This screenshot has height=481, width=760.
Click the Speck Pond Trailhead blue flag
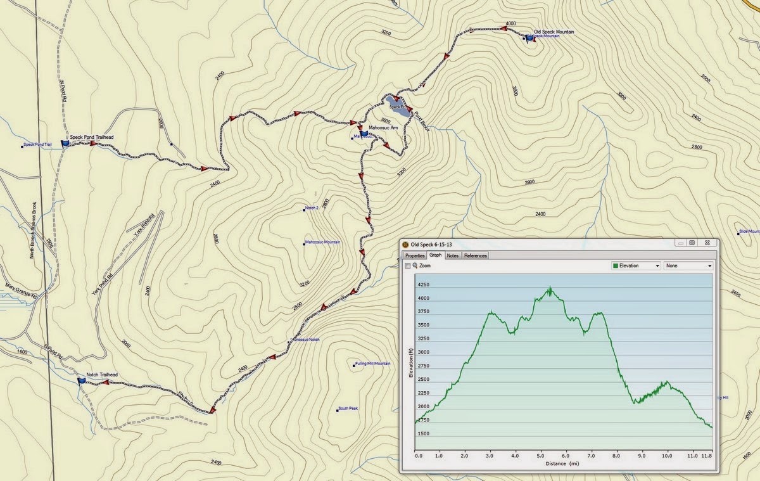(65, 144)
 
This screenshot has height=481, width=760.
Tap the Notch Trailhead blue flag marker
(81, 381)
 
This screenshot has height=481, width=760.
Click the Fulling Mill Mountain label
(373, 364)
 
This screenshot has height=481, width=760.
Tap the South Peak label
(348, 409)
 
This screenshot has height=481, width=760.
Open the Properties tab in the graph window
(415, 255)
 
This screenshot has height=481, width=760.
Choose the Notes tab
(452, 255)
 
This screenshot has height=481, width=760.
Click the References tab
(475, 255)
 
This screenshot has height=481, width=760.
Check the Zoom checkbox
(408, 266)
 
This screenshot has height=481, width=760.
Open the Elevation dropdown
(636, 266)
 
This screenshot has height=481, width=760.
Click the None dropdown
(688, 266)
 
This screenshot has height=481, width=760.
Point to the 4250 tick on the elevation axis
(423, 285)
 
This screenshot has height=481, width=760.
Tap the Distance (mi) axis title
(562, 464)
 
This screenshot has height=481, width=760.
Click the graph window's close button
(707, 242)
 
